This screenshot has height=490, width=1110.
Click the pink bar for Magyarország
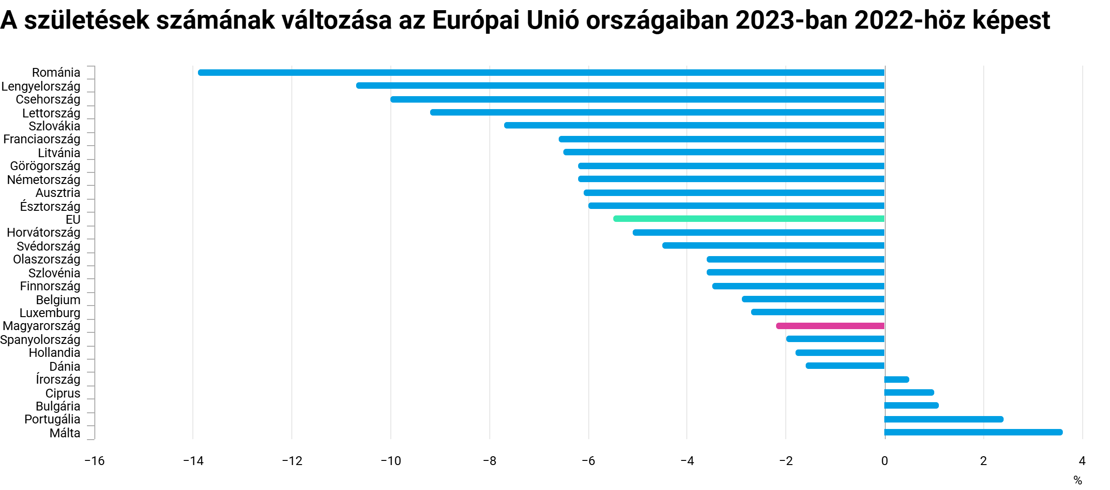coord(830,326)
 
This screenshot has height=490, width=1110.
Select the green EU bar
coord(749,219)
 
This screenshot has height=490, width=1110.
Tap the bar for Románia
coord(541,73)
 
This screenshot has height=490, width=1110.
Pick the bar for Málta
coord(973,432)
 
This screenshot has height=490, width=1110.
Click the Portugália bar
coord(943,419)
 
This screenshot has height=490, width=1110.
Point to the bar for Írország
coord(897,380)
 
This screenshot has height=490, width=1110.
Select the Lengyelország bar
coord(620,86)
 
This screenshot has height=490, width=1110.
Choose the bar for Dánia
coord(845,366)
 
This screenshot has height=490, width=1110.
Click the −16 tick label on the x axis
coord(94,461)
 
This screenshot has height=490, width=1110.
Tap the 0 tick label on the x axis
coord(885,461)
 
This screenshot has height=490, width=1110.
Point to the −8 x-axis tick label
coord(489,461)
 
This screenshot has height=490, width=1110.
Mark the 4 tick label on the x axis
coord(1082,461)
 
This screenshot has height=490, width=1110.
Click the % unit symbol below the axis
coord(1078,480)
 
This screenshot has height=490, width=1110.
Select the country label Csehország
coord(48,99)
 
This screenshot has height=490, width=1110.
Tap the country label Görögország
coord(45,166)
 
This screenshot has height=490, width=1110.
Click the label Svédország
coord(49,246)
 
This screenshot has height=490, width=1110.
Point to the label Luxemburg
coord(50,313)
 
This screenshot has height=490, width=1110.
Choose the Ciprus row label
coord(63,393)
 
